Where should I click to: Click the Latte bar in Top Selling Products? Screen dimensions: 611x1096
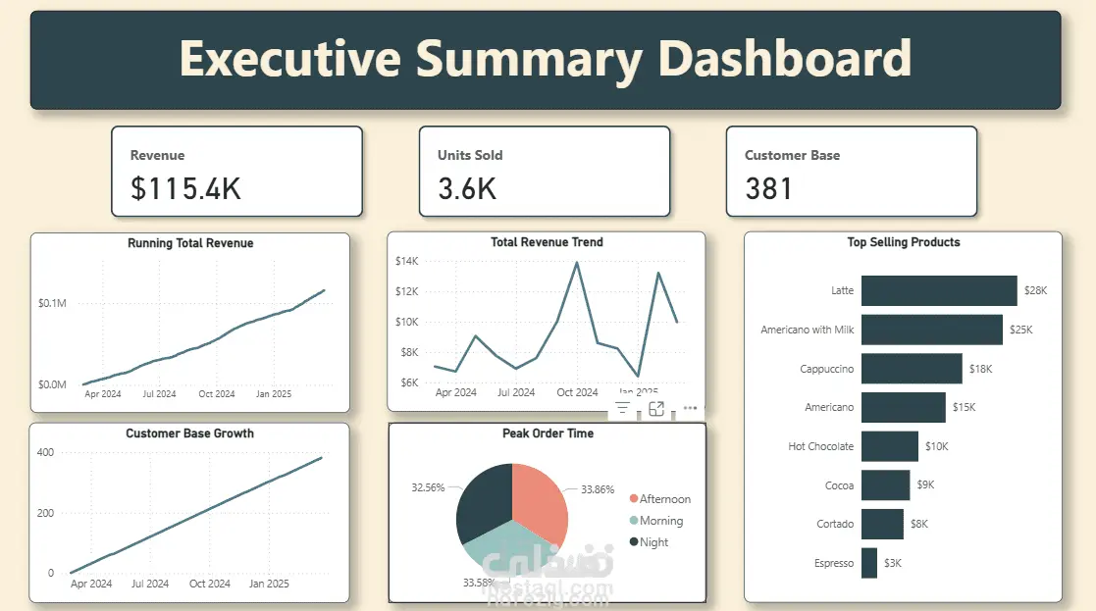939,290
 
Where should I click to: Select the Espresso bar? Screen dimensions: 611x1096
869,563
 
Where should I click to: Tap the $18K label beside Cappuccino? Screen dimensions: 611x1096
980,369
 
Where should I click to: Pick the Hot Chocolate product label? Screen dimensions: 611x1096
821,446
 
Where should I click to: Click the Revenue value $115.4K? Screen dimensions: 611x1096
185,188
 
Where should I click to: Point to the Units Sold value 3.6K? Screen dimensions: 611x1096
467,188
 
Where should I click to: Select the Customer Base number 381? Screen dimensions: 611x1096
769,188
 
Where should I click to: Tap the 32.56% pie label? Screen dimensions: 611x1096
428,487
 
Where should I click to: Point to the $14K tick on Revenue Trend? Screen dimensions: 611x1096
406,261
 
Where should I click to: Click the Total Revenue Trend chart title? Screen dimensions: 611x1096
547,242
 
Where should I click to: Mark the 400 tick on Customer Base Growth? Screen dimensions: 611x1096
44,452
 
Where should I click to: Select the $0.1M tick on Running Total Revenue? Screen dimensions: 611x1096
52,304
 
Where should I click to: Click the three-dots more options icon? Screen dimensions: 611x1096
690,408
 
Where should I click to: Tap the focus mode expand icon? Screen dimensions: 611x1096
656,408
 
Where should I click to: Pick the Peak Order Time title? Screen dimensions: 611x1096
548,433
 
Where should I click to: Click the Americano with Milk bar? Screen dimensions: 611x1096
931,330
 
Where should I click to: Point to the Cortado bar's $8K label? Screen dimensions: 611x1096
918,524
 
